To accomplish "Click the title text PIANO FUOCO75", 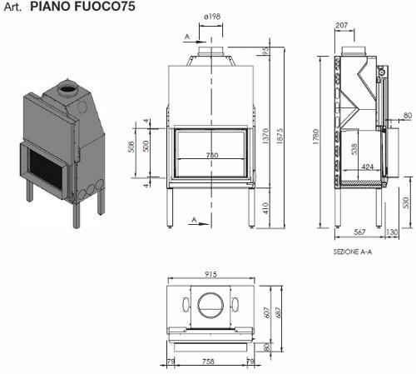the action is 82,6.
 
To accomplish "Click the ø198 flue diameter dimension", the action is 212,17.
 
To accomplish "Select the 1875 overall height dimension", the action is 280,136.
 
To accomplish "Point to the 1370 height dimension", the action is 265,136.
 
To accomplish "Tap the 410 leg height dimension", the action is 265,208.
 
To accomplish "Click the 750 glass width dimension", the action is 212,155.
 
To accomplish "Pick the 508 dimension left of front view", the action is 131,147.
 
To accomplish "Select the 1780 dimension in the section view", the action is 316,137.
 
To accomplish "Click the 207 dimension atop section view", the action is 341,25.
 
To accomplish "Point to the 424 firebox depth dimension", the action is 368,167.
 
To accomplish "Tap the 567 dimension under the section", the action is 359,232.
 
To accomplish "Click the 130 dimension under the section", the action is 392,232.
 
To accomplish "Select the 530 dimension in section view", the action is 406,202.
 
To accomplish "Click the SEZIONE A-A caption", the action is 353,252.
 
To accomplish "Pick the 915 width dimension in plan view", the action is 210,274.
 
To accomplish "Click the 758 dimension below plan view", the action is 208,362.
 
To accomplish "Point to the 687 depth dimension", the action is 279,312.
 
